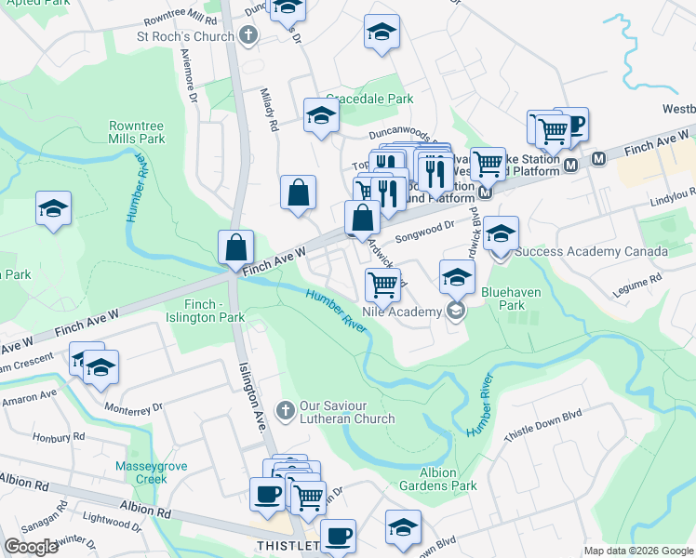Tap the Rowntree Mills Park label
137,132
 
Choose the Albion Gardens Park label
437,478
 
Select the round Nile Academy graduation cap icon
456,311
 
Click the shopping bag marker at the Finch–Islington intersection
236,247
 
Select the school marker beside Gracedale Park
321,116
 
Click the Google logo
31,547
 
